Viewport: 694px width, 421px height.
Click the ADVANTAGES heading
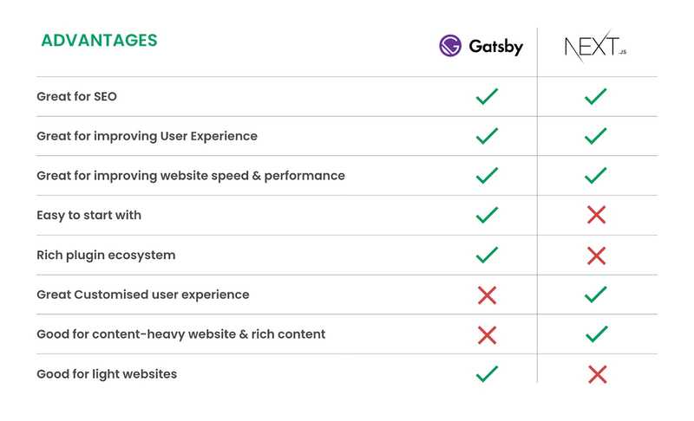click(99, 41)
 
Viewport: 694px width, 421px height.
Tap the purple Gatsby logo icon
click(450, 46)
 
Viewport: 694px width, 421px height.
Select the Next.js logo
click(595, 46)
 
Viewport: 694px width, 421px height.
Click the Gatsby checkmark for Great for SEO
click(487, 96)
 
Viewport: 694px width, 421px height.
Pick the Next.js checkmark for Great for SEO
click(595, 96)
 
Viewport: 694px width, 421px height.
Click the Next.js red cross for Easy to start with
click(596, 215)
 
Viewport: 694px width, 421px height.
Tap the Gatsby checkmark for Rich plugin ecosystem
click(487, 255)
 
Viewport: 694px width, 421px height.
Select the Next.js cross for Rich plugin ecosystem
click(596, 255)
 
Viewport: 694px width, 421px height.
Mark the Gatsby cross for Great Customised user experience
click(487, 295)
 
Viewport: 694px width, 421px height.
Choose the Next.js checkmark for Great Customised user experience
click(595, 295)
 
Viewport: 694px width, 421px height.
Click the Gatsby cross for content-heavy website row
click(487, 334)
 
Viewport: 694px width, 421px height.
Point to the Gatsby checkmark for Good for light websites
click(487, 373)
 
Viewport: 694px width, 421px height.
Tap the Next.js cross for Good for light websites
click(596, 374)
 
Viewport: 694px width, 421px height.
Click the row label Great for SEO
click(76, 97)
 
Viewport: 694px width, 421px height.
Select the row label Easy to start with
click(88, 215)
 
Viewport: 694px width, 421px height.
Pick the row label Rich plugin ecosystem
click(106, 256)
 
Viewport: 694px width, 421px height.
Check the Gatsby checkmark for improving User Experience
click(487, 136)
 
